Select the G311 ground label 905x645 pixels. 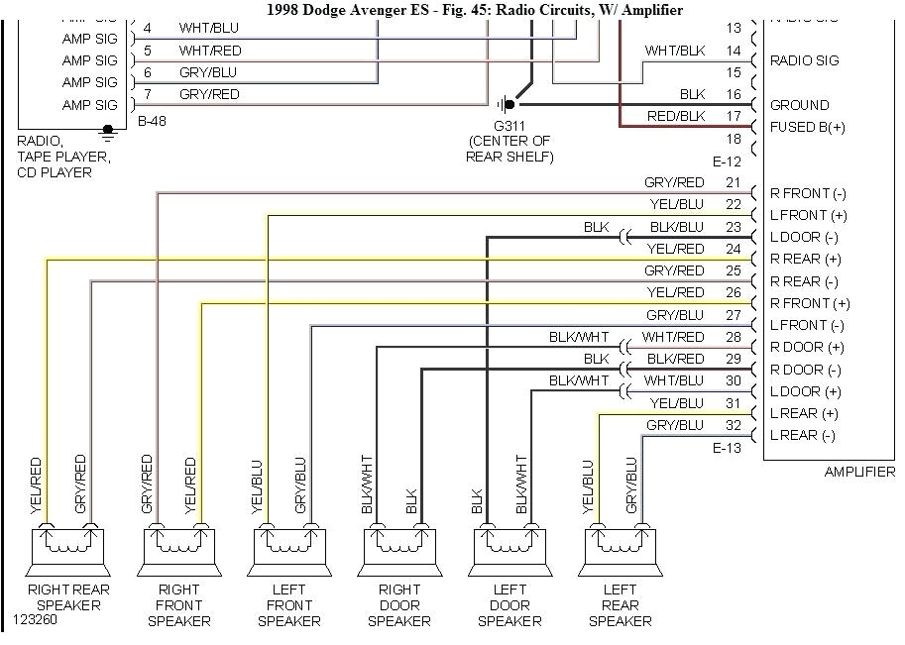[509, 125]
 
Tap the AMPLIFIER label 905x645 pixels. [858, 472]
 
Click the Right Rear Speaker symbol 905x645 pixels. [67, 546]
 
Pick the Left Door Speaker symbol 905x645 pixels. [509, 546]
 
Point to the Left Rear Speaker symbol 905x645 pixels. [620, 546]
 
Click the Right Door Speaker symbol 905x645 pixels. [398, 546]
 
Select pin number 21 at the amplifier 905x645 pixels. [733, 182]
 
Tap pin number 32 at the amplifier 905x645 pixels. [733, 425]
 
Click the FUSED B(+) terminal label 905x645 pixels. [808, 127]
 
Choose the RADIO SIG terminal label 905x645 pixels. [804, 60]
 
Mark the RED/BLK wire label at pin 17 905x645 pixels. [675, 116]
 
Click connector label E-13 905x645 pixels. [727, 448]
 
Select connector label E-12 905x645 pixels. [727, 161]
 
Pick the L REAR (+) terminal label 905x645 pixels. [804, 413]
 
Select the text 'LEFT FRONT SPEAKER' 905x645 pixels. [288, 604]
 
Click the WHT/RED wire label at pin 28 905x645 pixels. [673, 337]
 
